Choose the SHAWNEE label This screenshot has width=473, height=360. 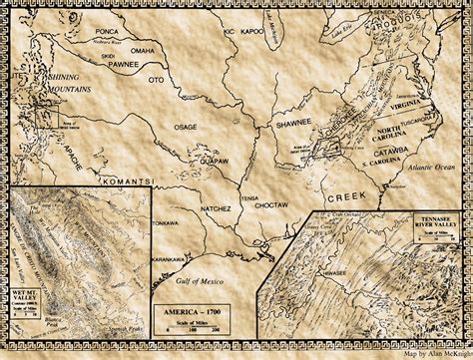tap(294, 123)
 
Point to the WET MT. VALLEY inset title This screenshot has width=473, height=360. tap(21, 294)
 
